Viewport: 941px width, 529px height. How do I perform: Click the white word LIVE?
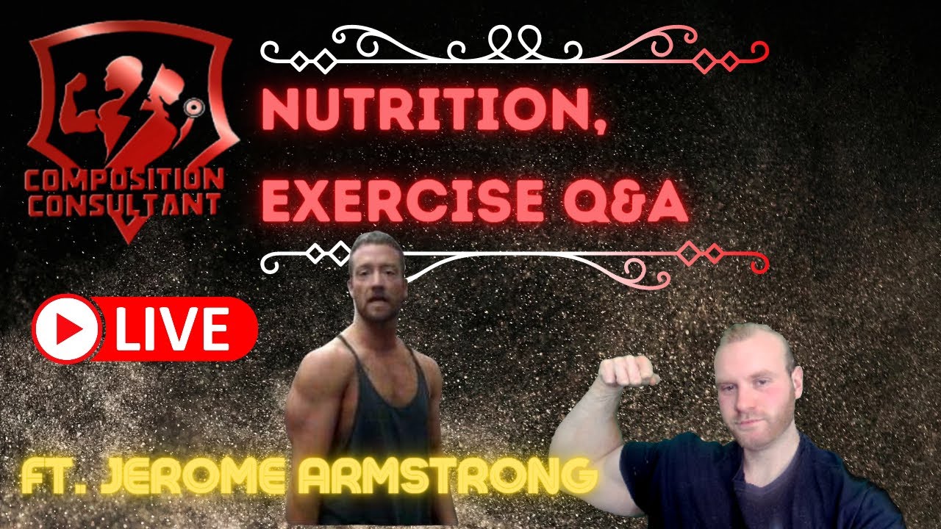pyautogui.click(x=172, y=330)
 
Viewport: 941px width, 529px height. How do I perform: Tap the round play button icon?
pyautogui.click(x=67, y=330)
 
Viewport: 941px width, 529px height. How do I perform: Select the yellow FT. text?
pyautogui.click(x=54, y=476)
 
